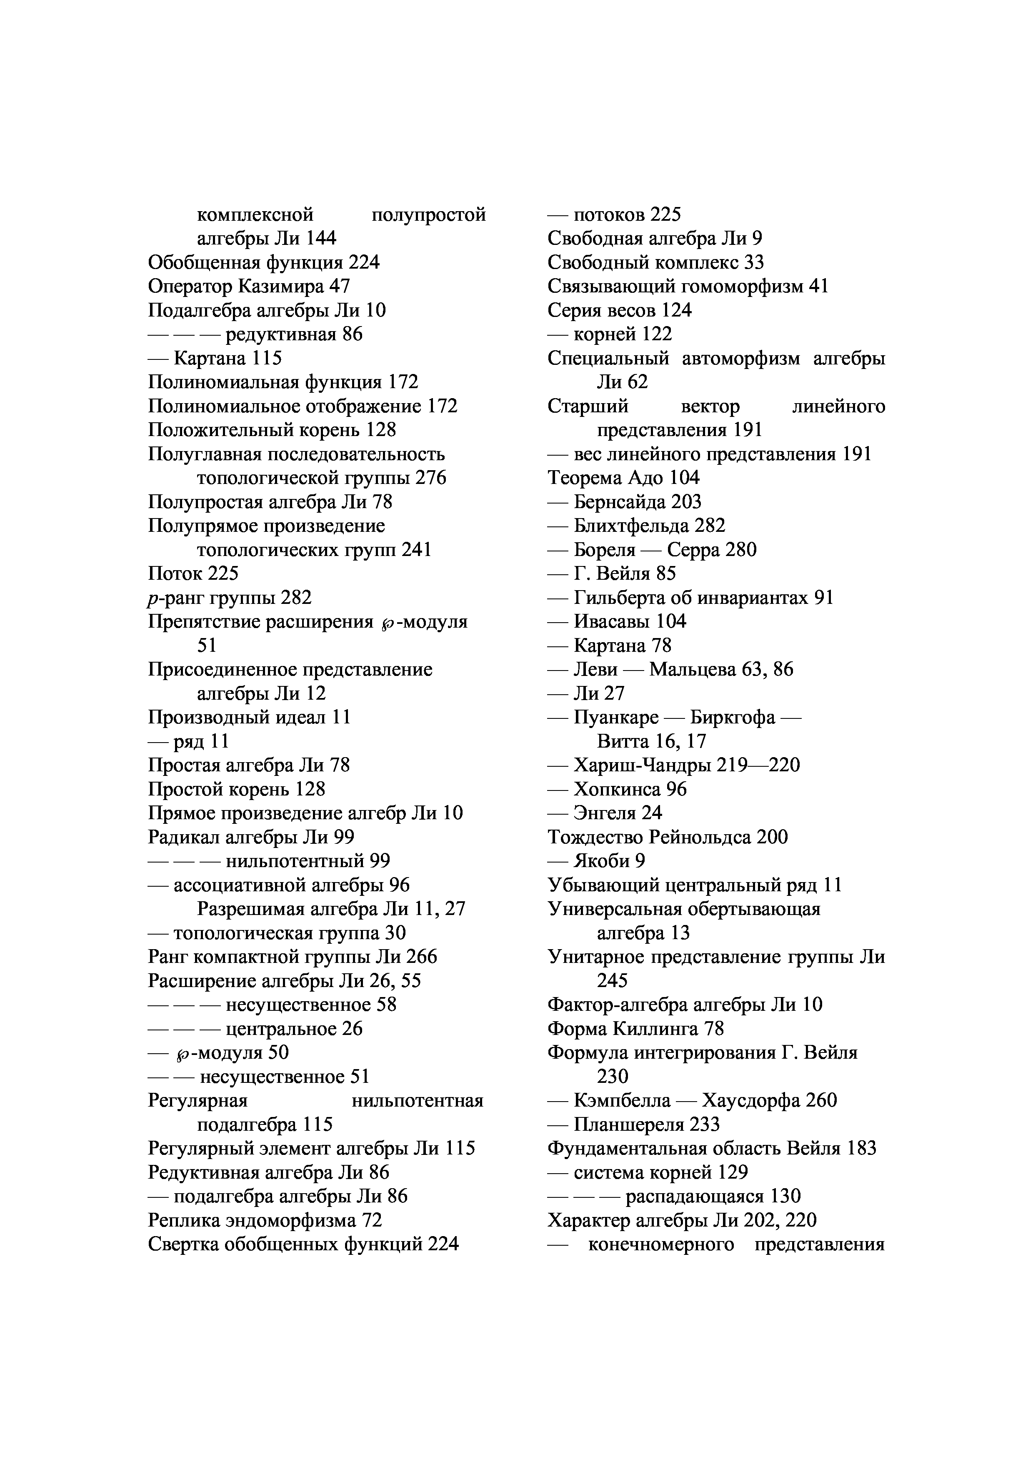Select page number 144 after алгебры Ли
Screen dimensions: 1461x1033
321,238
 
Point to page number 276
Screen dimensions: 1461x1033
430,478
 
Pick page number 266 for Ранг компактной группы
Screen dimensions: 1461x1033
421,957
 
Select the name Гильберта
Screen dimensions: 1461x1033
621,598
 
